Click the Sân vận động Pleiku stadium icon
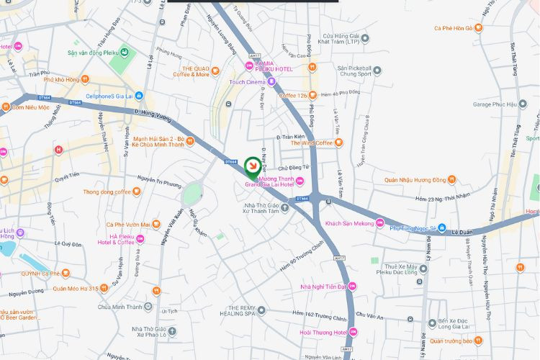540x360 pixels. tap(125, 53)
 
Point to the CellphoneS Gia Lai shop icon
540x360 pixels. tap(139, 96)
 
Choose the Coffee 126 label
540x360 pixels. tap(294, 96)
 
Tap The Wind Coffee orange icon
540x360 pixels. tap(339, 143)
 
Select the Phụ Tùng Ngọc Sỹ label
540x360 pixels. tap(413, 228)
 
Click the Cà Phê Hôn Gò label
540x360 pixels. tap(454, 28)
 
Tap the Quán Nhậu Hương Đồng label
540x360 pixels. tap(412, 180)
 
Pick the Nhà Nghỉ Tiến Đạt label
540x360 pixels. tap(324, 287)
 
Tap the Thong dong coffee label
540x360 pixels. tap(107, 192)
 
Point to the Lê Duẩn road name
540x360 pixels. tap(464, 233)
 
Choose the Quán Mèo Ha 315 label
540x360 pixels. tap(75, 288)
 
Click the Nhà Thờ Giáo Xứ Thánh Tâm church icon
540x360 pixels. tap(284, 208)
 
